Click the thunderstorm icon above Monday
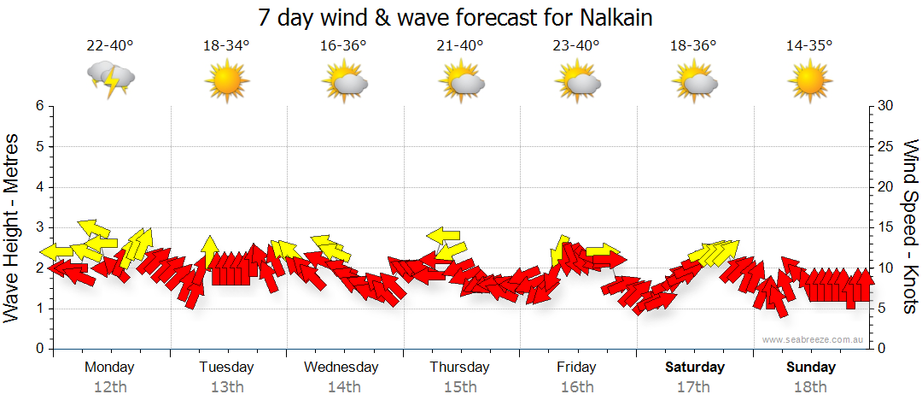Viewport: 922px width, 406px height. point(111,79)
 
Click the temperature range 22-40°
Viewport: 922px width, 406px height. point(110,45)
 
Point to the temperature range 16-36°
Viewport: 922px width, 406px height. point(343,45)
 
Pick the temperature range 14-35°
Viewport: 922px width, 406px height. point(809,45)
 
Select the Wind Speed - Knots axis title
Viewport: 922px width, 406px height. point(910,227)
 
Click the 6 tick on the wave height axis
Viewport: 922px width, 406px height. point(38,106)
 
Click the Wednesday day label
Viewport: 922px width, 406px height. point(341,368)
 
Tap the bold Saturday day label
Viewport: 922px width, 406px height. point(695,368)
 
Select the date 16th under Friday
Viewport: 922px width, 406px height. point(577,387)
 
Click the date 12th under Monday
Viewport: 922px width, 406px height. point(110,387)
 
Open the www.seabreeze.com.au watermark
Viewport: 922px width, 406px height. point(814,340)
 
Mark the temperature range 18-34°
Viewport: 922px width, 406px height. point(226,45)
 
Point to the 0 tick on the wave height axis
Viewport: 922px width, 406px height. point(38,349)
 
